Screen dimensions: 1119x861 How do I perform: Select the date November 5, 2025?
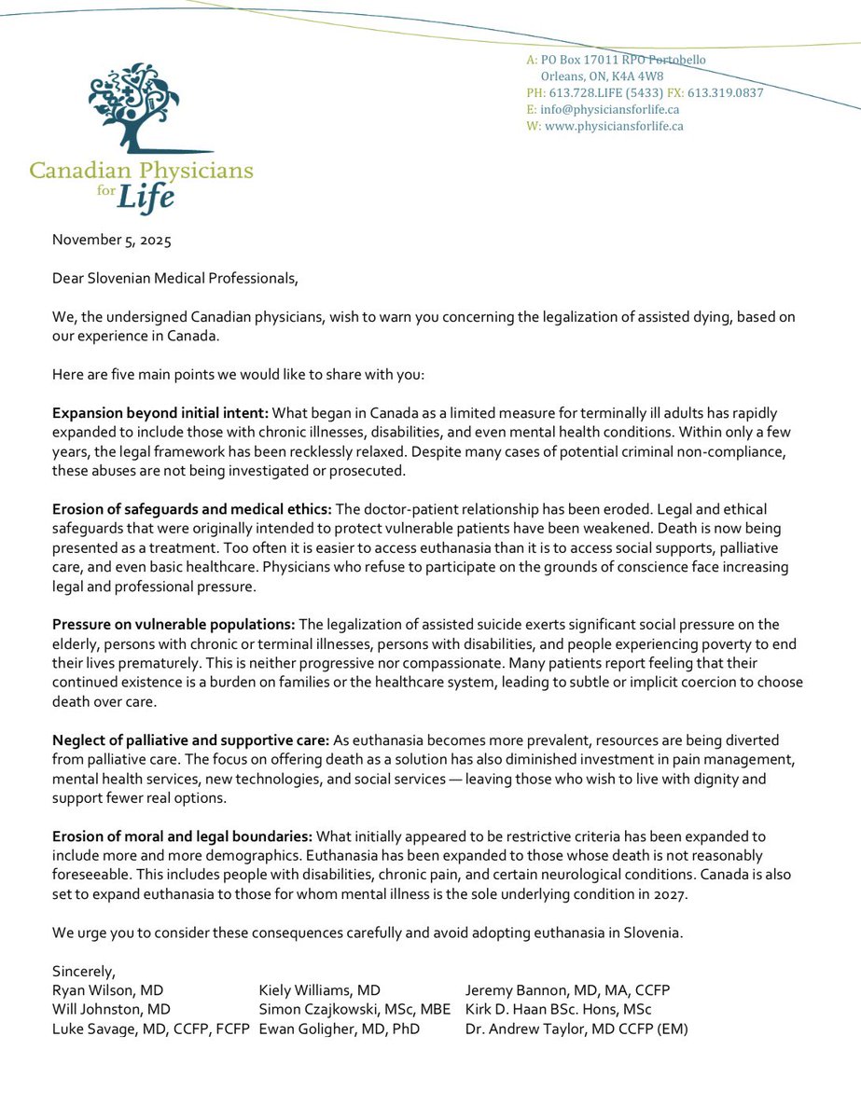pyautogui.click(x=112, y=239)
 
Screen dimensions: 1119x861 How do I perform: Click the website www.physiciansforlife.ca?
pyautogui.click(x=614, y=126)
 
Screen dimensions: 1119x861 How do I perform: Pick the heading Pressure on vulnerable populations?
pyautogui.click(x=172, y=624)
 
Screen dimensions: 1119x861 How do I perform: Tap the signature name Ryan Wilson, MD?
pyautogui.click(x=111, y=990)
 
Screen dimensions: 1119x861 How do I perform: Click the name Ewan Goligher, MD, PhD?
pyautogui.click(x=339, y=1029)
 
